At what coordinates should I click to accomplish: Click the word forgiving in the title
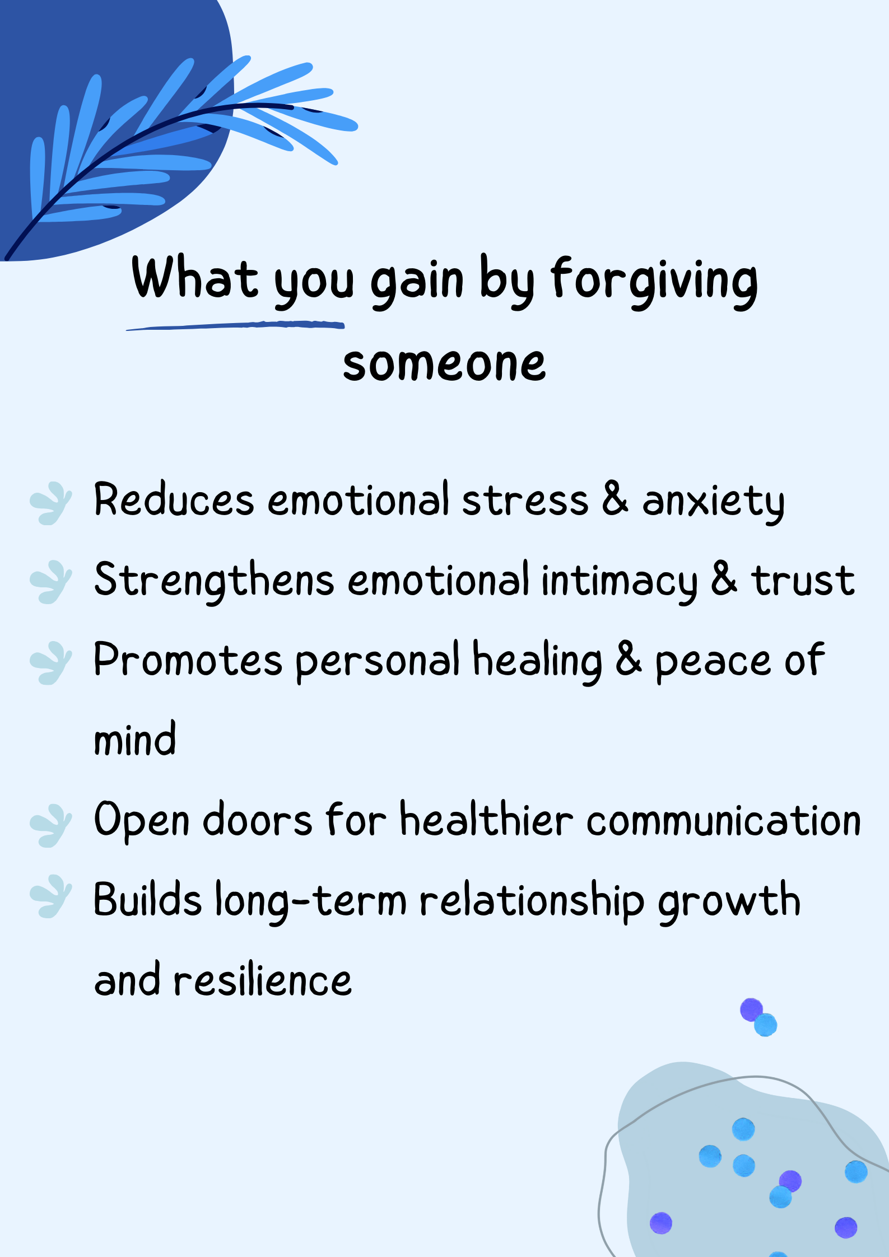point(654,282)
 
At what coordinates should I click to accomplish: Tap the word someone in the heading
point(444,365)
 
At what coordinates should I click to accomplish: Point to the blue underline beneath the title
point(235,325)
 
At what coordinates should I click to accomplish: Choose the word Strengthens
point(214,581)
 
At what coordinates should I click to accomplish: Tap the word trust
point(803,580)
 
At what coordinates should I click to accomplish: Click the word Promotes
point(188,660)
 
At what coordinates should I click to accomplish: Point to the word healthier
point(487,819)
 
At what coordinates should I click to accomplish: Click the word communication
point(724,820)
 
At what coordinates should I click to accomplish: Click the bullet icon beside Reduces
point(50,503)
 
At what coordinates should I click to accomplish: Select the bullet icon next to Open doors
point(50,825)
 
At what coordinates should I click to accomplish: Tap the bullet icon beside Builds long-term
point(50,896)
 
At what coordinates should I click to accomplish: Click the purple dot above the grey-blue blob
point(751,1010)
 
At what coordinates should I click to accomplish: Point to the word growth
point(729,901)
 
